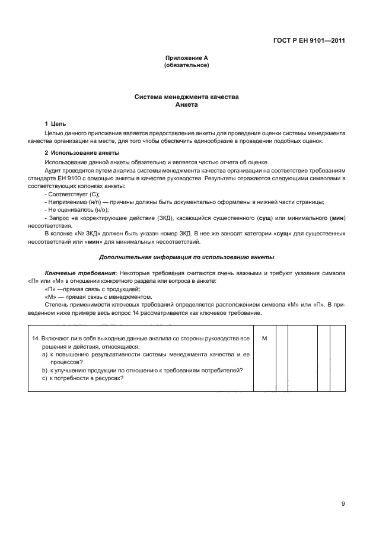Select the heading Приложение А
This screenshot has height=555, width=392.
186,58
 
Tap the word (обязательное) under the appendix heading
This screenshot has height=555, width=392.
186,65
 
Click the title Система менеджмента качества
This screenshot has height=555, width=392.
186,97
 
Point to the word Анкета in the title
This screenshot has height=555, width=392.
186,104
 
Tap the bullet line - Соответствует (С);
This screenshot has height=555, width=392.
72,194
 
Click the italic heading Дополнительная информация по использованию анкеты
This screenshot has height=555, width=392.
186,257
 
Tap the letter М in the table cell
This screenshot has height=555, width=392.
264,338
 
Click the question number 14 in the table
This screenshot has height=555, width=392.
35,338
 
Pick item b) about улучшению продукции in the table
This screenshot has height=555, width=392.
142,371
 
